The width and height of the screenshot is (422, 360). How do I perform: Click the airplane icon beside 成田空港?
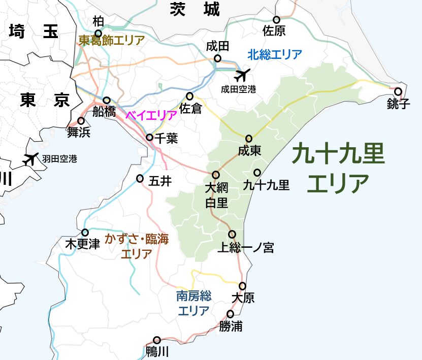(x=242, y=75)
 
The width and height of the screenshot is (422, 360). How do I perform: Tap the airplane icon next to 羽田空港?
(x=31, y=159)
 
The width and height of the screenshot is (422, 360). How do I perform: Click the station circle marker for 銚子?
(x=398, y=92)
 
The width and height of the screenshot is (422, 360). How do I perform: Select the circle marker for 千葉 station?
(x=150, y=138)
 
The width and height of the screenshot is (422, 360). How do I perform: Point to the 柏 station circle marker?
(x=99, y=34)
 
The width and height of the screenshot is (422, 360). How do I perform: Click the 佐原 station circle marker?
(x=277, y=20)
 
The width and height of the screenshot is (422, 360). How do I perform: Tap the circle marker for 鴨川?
(x=157, y=340)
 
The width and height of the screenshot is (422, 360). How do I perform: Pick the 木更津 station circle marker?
(x=85, y=233)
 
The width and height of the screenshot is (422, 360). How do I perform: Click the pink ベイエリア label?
(x=151, y=115)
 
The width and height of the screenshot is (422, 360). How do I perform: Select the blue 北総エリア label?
(x=275, y=54)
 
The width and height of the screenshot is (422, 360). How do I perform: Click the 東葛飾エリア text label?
(x=111, y=40)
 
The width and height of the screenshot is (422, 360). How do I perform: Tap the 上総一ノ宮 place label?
(x=245, y=248)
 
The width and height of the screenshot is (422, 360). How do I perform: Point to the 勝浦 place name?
(x=231, y=326)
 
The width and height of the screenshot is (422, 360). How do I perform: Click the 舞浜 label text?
(x=79, y=133)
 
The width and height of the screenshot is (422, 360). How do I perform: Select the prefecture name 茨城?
(x=195, y=9)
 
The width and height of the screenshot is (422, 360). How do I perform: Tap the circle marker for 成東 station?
(x=249, y=139)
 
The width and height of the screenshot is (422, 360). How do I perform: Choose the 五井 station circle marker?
(x=140, y=178)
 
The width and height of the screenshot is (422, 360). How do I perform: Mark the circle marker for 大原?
(x=243, y=286)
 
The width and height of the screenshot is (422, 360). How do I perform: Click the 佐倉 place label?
(x=191, y=108)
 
